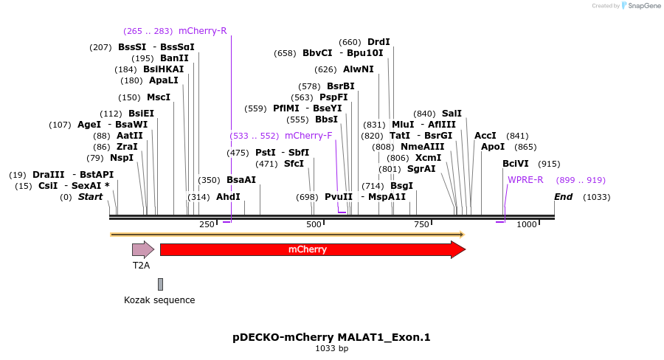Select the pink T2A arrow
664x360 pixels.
click(x=142, y=249)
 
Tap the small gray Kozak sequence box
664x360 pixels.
click(x=160, y=284)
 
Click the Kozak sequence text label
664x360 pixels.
click(x=159, y=300)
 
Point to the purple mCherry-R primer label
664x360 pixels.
click(x=203, y=31)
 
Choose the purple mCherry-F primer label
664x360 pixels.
click(x=308, y=136)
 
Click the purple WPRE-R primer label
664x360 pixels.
click(x=525, y=180)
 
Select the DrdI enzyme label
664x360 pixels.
click(x=378, y=42)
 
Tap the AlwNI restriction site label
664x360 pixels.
click(x=359, y=69)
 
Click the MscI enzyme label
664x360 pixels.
click(x=159, y=97)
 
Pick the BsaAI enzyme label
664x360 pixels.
click(x=241, y=180)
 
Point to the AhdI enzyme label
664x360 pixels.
click(x=228, y=197)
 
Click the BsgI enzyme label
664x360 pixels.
click(x=401, y=186)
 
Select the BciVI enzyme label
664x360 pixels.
click(x=516, y=164)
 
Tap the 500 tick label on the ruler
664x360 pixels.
click(x=314, y=224)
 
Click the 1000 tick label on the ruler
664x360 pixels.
click(x=527, y=224)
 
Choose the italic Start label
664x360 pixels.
click(x=91, y=197)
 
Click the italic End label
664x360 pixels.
click(x=564, y=197)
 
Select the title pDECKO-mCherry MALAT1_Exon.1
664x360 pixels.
click(x=331, y=337)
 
